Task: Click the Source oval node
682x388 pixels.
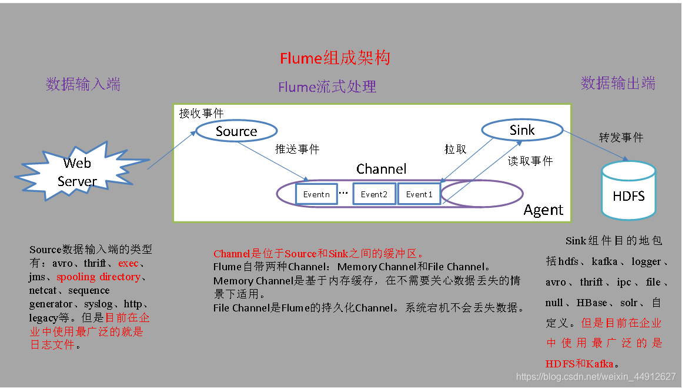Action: click(x=236, y=131)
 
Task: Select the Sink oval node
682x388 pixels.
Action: click(x=522, y=130)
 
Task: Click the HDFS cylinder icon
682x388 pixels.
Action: click(x=628, y=190)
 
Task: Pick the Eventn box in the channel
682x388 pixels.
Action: click(x=316, y=194)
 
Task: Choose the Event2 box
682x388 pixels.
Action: click(x=374, y=194)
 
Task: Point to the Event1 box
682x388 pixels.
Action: click(x=419, y=194)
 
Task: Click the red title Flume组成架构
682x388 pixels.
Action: click(x=335, y=58)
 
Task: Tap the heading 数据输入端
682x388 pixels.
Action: click(x=83, y=84)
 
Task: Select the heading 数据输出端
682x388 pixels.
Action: click(x=618, y=83)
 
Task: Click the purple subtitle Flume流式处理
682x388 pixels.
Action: click(x=327, y=87)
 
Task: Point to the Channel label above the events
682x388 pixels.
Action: click(x=381, y=169)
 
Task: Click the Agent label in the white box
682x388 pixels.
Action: click(x=543, y=210)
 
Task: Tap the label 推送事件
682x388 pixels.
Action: click(x=297, y=149)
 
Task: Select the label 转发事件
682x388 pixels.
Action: click(x=621, y=137)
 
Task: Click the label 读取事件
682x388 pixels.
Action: click(x=530, y=161)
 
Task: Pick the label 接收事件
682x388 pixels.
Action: click(x=202, y=113)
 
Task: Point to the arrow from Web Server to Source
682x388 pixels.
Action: click(x=171, y=151)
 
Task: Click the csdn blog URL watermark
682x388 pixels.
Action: click(x=596, y=376)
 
